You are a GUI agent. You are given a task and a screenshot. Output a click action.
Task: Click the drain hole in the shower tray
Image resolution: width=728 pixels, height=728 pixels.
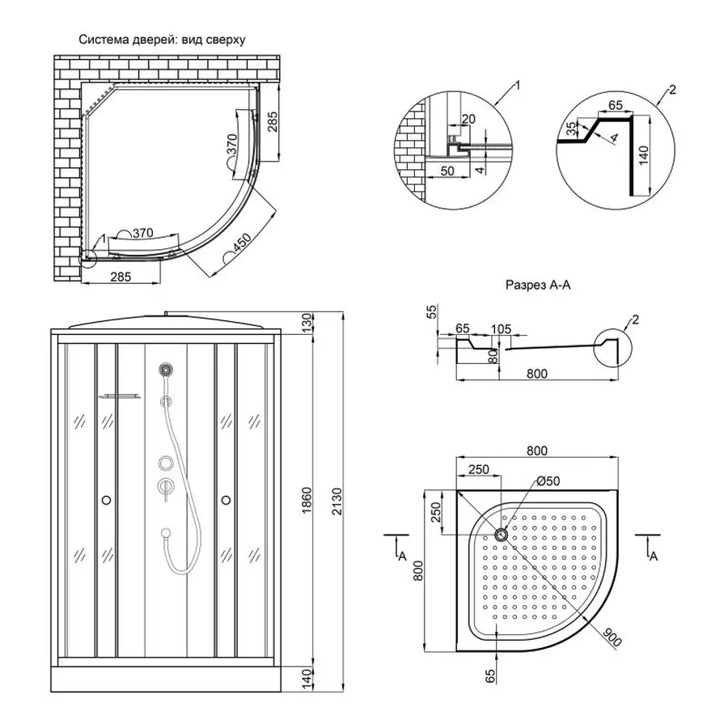tap(500, 534)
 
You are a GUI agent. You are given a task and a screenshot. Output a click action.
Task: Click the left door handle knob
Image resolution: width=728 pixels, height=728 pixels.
tap(106, 501)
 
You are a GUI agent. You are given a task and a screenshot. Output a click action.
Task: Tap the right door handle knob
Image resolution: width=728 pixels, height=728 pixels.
tap(225, 501)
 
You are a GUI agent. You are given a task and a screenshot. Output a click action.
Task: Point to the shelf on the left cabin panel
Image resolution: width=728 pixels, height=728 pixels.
tap(118, 396)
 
